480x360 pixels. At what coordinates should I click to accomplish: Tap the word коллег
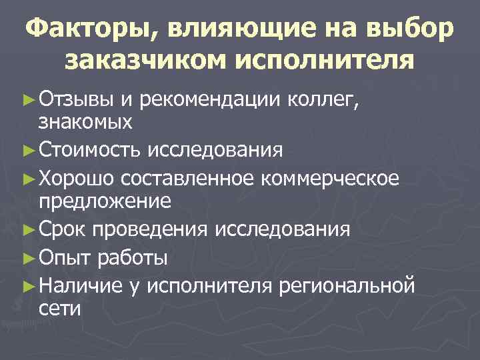point(327,100)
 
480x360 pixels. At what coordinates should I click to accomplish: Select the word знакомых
point(86,122)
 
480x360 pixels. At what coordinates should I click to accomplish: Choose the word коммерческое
point(332,178)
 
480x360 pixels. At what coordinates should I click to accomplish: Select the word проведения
point(153,229)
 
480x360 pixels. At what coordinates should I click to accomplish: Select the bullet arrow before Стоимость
point(28,151)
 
